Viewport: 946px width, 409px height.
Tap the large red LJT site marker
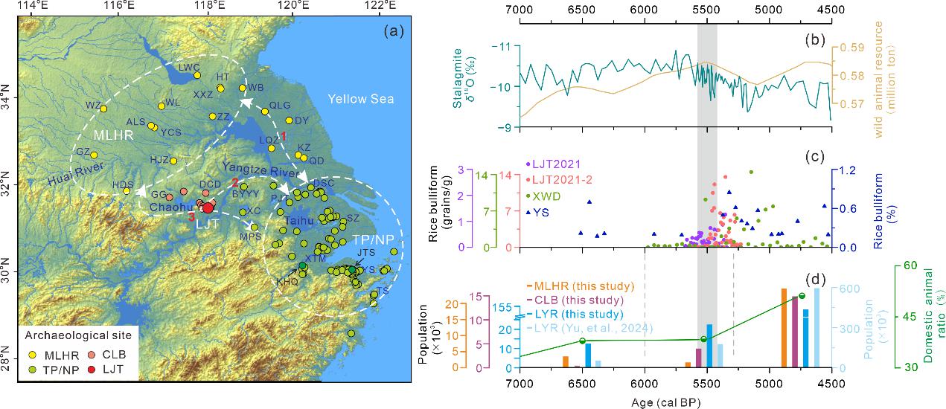208,208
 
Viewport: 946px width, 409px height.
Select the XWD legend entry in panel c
544,196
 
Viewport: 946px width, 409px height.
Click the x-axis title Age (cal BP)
674,401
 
